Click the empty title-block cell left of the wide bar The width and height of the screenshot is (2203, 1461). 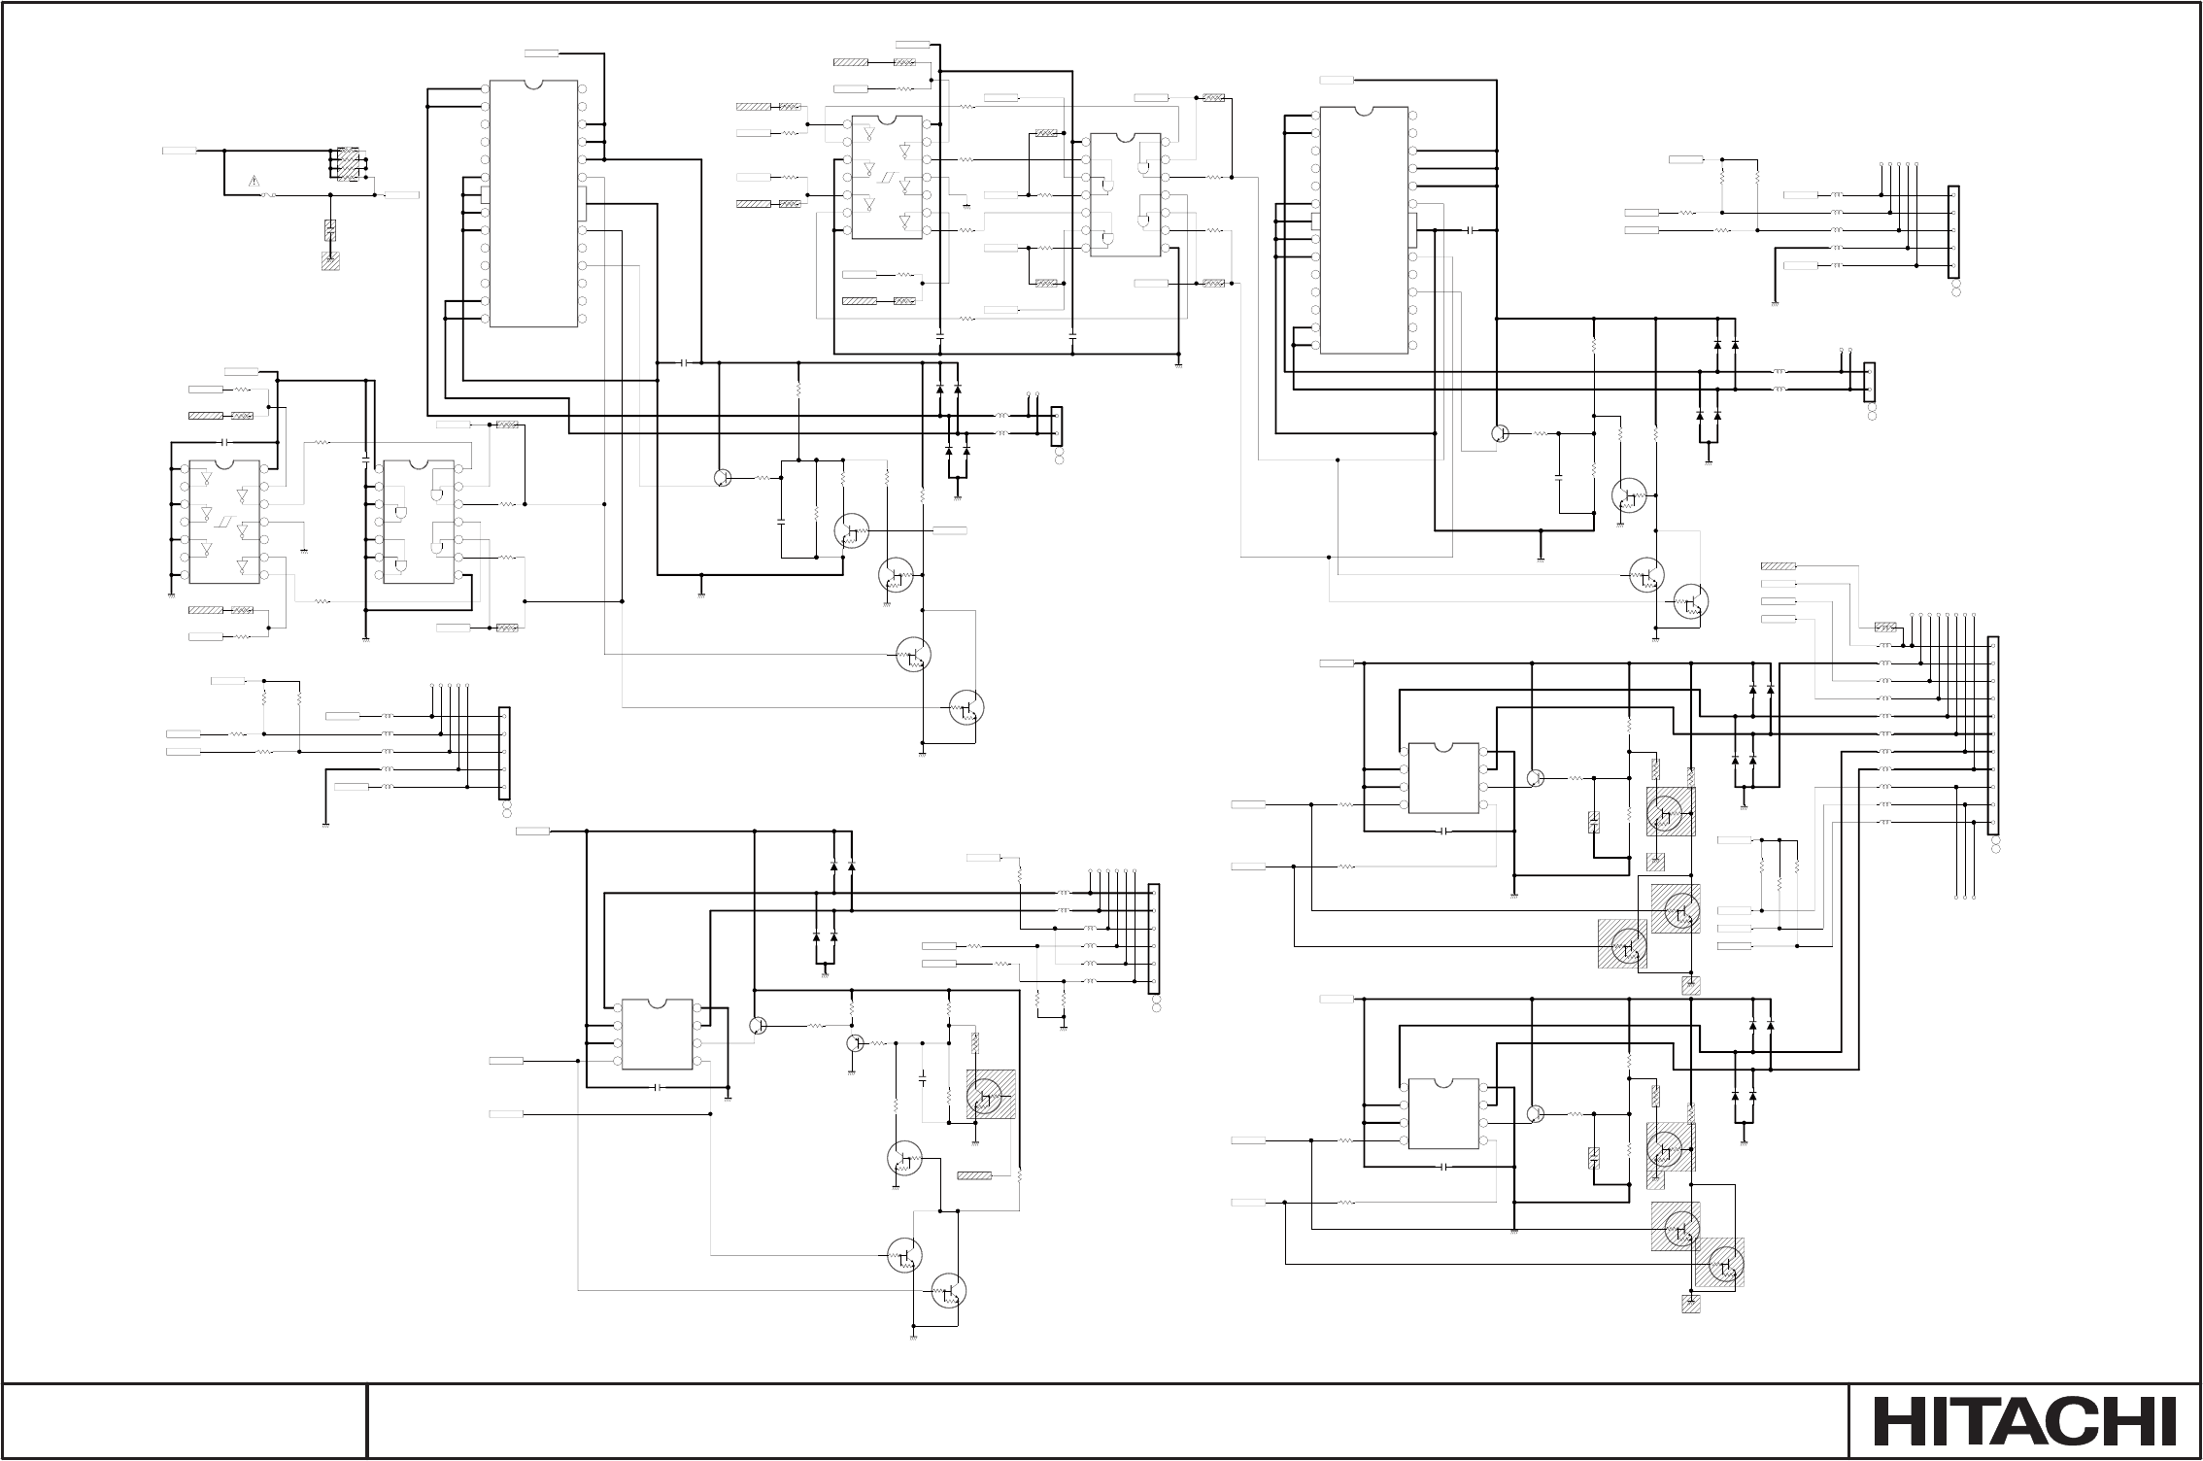point(185,1421)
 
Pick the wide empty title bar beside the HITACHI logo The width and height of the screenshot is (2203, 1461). point(1107,1421)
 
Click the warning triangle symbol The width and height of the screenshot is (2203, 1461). point(254,181)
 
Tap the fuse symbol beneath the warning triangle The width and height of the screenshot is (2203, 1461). point(271,195)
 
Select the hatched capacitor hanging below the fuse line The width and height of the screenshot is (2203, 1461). point(330,230)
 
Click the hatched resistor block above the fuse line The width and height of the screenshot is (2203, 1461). point(347,163)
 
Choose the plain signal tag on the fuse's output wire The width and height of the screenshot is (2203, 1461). point(402,195)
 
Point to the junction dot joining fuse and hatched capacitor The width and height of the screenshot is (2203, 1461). point(330,195)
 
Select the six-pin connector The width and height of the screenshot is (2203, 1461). point(1154,938)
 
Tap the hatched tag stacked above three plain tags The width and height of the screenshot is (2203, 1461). point(1778,565)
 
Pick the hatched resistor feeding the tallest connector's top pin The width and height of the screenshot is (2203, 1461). point(1885,628)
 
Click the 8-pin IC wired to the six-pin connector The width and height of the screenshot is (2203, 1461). point(657,1034)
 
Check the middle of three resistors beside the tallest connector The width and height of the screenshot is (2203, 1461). point(1779,886)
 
